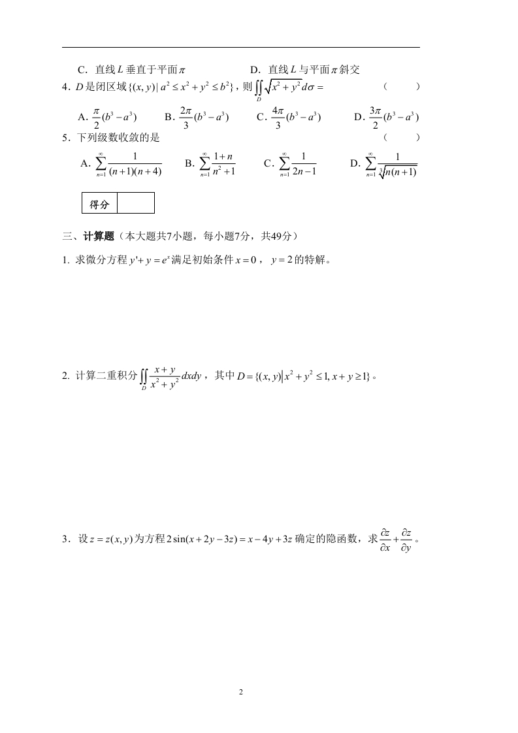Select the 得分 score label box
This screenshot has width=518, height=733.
[x=99, y=204]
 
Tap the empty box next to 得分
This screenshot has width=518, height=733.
[x=136, y=204]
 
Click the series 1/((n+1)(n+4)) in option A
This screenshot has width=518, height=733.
[x=135, y=165]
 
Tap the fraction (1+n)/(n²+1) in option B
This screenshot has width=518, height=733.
[x=223, y=165]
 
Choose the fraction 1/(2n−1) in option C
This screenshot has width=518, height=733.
[x=304, y=165]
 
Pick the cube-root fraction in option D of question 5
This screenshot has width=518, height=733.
[x=397, y=165]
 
